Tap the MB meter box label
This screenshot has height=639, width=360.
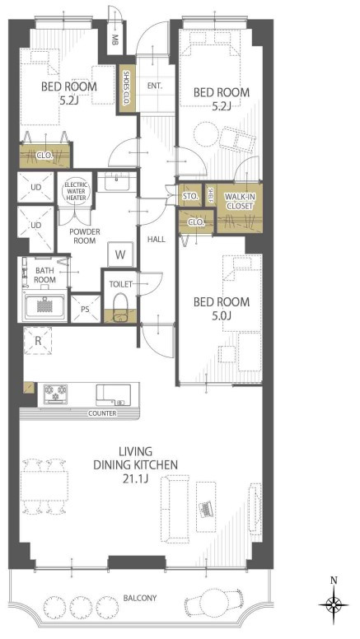(115, 40)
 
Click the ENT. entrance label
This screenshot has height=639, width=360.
(155, 86)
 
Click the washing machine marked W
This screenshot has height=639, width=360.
(120, 255)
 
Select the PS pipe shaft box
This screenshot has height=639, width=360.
(85, 309)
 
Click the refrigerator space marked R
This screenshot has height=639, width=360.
(38, 341)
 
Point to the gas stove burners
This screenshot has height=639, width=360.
(55, 394)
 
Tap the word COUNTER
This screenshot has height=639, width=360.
(102, 413)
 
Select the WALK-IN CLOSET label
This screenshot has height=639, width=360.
(239, 201)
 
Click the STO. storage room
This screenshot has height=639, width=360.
(190, 196)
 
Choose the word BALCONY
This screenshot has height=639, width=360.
(140, 599)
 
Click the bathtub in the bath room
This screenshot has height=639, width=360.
(44, 306)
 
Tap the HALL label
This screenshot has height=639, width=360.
(157, 240)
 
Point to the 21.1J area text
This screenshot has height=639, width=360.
(135, 478)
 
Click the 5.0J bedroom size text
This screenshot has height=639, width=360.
(222, 315)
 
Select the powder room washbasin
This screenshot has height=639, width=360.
(117, 182)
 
